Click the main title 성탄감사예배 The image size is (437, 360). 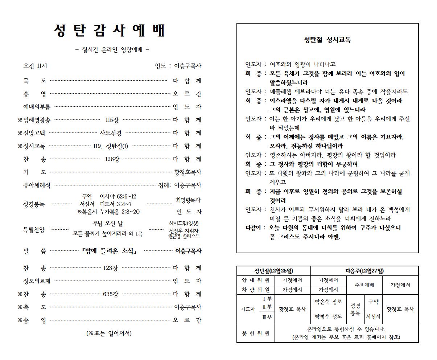pyautogui.click(x=110, y=31)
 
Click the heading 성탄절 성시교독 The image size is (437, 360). pyautogui.click(x=327, y=40)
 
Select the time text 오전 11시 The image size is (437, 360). pyautogui.click(x=35, y=66)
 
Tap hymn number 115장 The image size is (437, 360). pyautogui.click(x=112, y=120)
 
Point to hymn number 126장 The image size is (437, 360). pyautogui.click(x=112, y=159)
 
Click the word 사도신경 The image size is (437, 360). pyautogui.click(x=111, y=133)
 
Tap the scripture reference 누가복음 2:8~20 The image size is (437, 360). pyautogui.click(x=120, y=212)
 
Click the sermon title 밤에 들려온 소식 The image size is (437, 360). pyautogui.click(x=109, y=251)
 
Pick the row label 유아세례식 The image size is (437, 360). pyautogui.click(x=37, y=185)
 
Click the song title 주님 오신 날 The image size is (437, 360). pyautogui.click(x=108, y=224)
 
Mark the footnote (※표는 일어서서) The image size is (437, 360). pyautogui.click(x=109, y=333)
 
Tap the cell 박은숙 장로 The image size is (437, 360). pyautogui.click(x=328, y=302)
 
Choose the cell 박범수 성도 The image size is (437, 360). pyautogui.click(x=328, y=316)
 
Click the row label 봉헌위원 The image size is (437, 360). pyautogui.click(x=255, y=333)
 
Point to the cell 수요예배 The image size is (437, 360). pyautogui.click(x=364, y=285)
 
